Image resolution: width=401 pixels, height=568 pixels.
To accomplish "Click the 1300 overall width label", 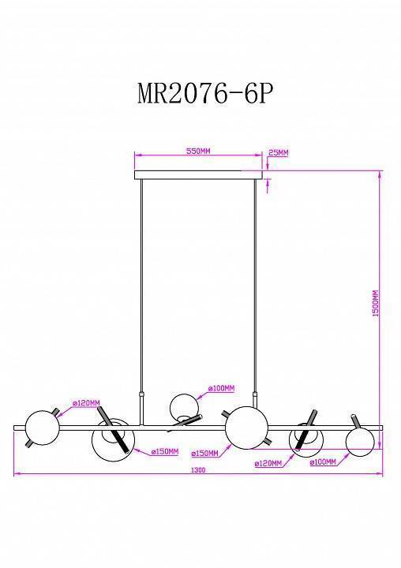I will [198, 470].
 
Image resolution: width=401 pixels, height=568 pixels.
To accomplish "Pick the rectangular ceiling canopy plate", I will [199, 175].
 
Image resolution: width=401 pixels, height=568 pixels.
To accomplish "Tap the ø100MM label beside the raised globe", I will [222, 389].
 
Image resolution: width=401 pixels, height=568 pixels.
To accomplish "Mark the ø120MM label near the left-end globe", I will [86, 403].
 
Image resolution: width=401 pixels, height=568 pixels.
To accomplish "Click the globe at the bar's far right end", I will [359, 438].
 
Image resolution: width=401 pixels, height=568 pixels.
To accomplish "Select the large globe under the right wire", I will [243, 427].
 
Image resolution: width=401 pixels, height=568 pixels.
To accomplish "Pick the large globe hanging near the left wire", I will [112, 440].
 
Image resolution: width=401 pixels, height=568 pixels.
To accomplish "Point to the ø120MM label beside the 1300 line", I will [268, 464].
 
